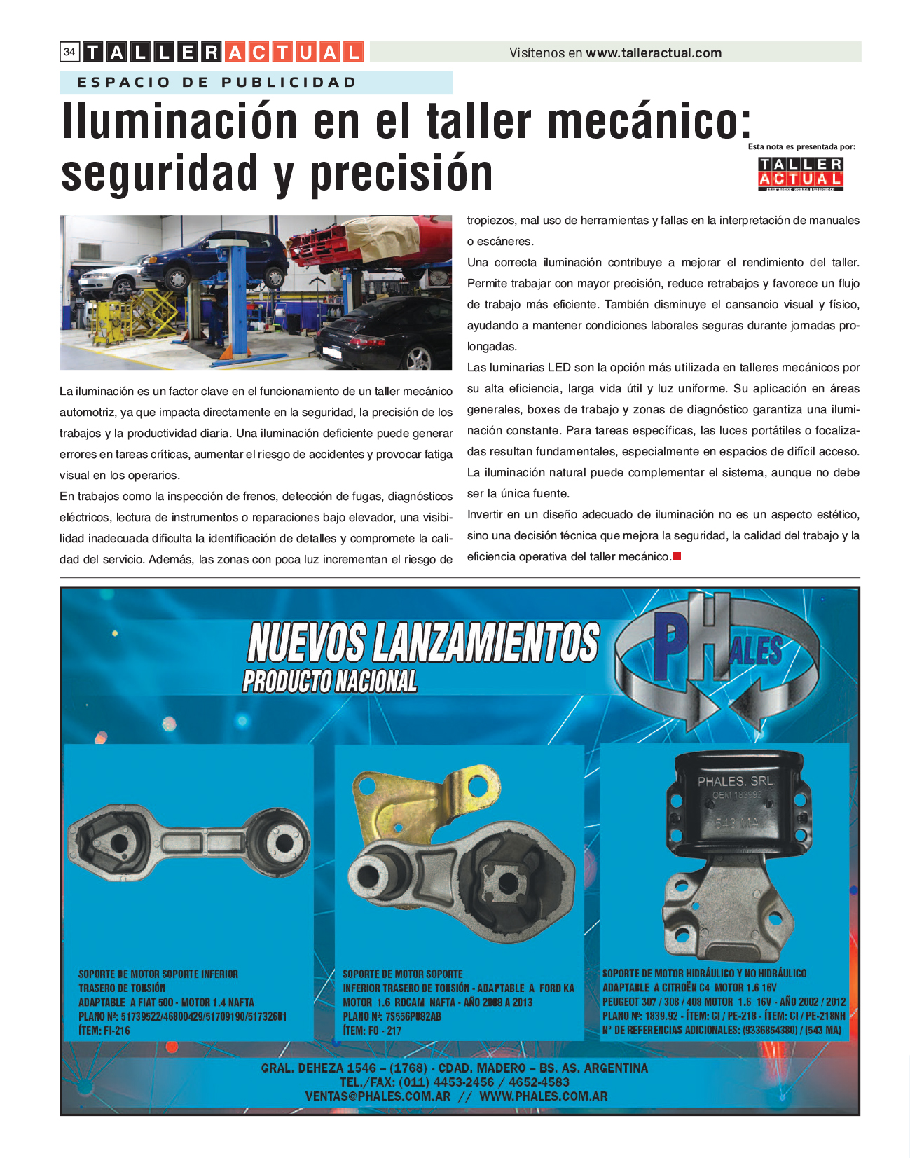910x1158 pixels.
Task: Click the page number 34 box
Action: click(69, 52)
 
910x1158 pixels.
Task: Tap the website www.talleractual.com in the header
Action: click(653, 53)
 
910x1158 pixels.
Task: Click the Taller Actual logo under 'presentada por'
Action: click(801, 173)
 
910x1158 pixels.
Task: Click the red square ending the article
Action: click(677, 556)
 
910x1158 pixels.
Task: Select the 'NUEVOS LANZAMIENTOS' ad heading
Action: click(423, 642)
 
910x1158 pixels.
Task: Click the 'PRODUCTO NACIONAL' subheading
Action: click(329, 681)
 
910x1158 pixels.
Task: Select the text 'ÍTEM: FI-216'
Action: click(104, 1031)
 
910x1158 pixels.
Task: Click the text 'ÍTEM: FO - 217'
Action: click(371, 1031)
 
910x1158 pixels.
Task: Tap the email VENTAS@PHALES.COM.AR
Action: click(378, 1096)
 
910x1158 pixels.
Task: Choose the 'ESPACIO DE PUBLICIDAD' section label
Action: click(216, 82)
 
